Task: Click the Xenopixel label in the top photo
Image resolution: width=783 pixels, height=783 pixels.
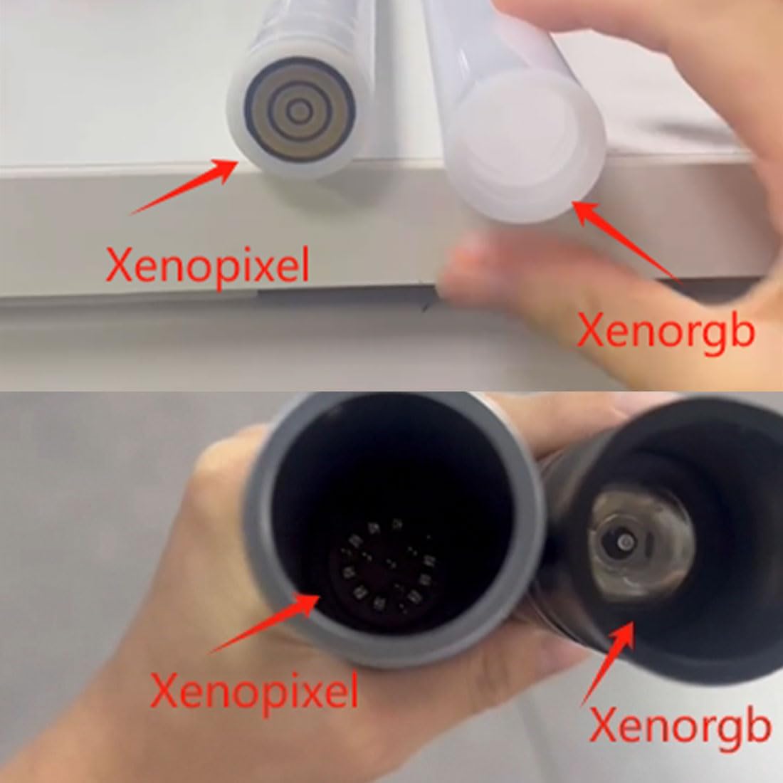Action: point(207,266)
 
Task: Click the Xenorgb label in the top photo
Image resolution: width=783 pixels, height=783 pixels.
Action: point(665,330)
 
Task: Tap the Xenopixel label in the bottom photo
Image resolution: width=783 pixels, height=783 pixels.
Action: point(253,691)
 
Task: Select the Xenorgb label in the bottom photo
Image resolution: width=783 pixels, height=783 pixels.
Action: point(678,726)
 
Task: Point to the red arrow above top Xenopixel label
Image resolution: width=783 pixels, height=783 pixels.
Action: point(184,186)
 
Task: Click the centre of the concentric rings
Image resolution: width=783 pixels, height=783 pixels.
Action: point(300,111)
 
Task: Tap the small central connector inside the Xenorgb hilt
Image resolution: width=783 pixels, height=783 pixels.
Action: point(625,541)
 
